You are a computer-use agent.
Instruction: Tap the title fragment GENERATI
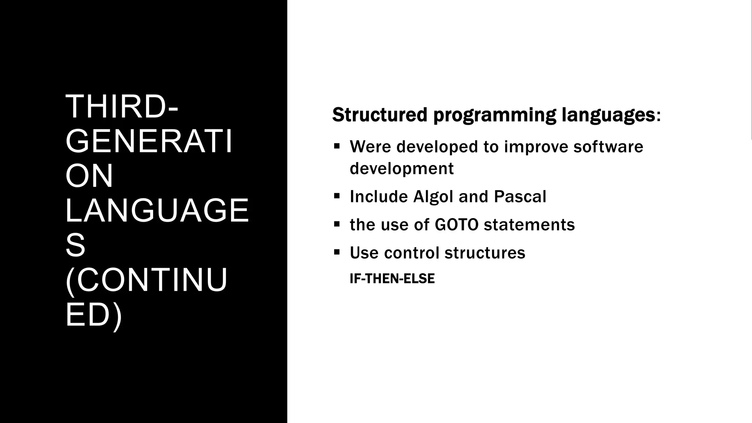click(149, 142)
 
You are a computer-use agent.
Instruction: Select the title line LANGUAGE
click(157, 211)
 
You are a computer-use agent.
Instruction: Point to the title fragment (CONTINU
click(147, 281)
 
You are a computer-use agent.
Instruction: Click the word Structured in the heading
click(380, 115)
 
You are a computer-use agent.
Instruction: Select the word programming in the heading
click(495, 115)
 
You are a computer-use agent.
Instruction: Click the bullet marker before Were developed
click(337, 146)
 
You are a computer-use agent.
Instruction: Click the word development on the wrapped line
click(402, 169)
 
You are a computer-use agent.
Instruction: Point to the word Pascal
click(520, 196)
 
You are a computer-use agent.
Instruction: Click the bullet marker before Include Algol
click(337, 196)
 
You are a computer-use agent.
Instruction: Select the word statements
click(529, 225)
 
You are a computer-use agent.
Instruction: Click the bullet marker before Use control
click(337, 252)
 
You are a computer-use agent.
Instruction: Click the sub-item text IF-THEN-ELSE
click(392, 279)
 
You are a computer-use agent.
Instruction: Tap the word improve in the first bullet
click(536, 147)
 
